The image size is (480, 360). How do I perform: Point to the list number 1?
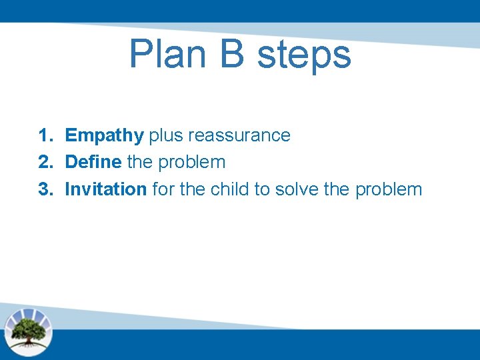(45, 135)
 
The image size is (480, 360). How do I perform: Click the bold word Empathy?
(104, 136)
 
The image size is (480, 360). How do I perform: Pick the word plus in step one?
(166, 136)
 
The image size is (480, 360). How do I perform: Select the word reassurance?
(239, 136)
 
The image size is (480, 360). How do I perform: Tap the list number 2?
(45, 162)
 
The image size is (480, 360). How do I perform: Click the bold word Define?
(93, 162)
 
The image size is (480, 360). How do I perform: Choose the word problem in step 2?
(193, 163)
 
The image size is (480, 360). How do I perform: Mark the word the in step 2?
(140, 162)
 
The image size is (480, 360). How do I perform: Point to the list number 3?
(45, 189)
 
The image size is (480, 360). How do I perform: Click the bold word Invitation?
(105, 189)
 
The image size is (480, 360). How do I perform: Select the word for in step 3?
(163, 189)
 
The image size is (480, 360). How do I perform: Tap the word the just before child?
(192, 189)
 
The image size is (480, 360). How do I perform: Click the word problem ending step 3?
(389, 189)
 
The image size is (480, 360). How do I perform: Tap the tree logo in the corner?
(28, 330)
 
